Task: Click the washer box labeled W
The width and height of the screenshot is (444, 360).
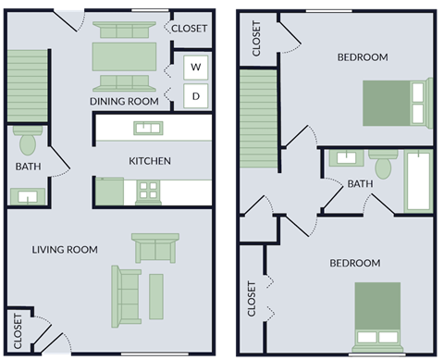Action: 196,67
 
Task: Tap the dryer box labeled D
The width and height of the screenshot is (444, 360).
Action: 196,94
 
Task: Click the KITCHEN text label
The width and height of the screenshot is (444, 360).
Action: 149,161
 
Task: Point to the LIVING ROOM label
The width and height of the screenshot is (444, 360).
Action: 65,250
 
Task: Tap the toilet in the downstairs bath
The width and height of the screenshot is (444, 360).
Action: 26,142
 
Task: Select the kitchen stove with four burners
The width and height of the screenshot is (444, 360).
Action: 147,192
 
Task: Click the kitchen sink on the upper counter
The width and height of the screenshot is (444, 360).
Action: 146,127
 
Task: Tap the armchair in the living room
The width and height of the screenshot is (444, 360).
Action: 154,248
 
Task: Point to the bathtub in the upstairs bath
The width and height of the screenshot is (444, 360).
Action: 417,180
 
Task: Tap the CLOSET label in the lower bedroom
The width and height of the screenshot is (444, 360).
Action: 252,299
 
